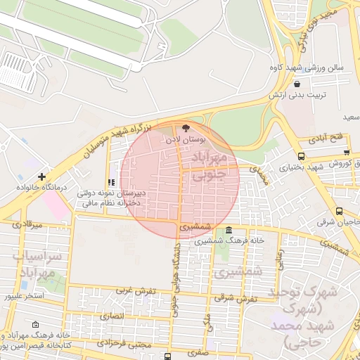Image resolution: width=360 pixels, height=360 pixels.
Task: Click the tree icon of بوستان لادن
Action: pos(186,128)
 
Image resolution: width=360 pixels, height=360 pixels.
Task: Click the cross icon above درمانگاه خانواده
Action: pos(42,176)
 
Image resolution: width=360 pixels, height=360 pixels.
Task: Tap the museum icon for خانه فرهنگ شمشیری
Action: pos(230,231)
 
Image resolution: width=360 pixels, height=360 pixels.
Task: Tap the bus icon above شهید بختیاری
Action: pos(301,156)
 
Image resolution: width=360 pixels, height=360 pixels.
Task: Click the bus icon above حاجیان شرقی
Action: pos(340,211)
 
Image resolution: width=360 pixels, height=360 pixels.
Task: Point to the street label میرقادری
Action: pos(27,224)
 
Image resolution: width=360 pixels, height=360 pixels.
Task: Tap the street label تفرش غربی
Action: pos(133,289)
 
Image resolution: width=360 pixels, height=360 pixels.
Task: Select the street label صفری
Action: pos(199,356)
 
